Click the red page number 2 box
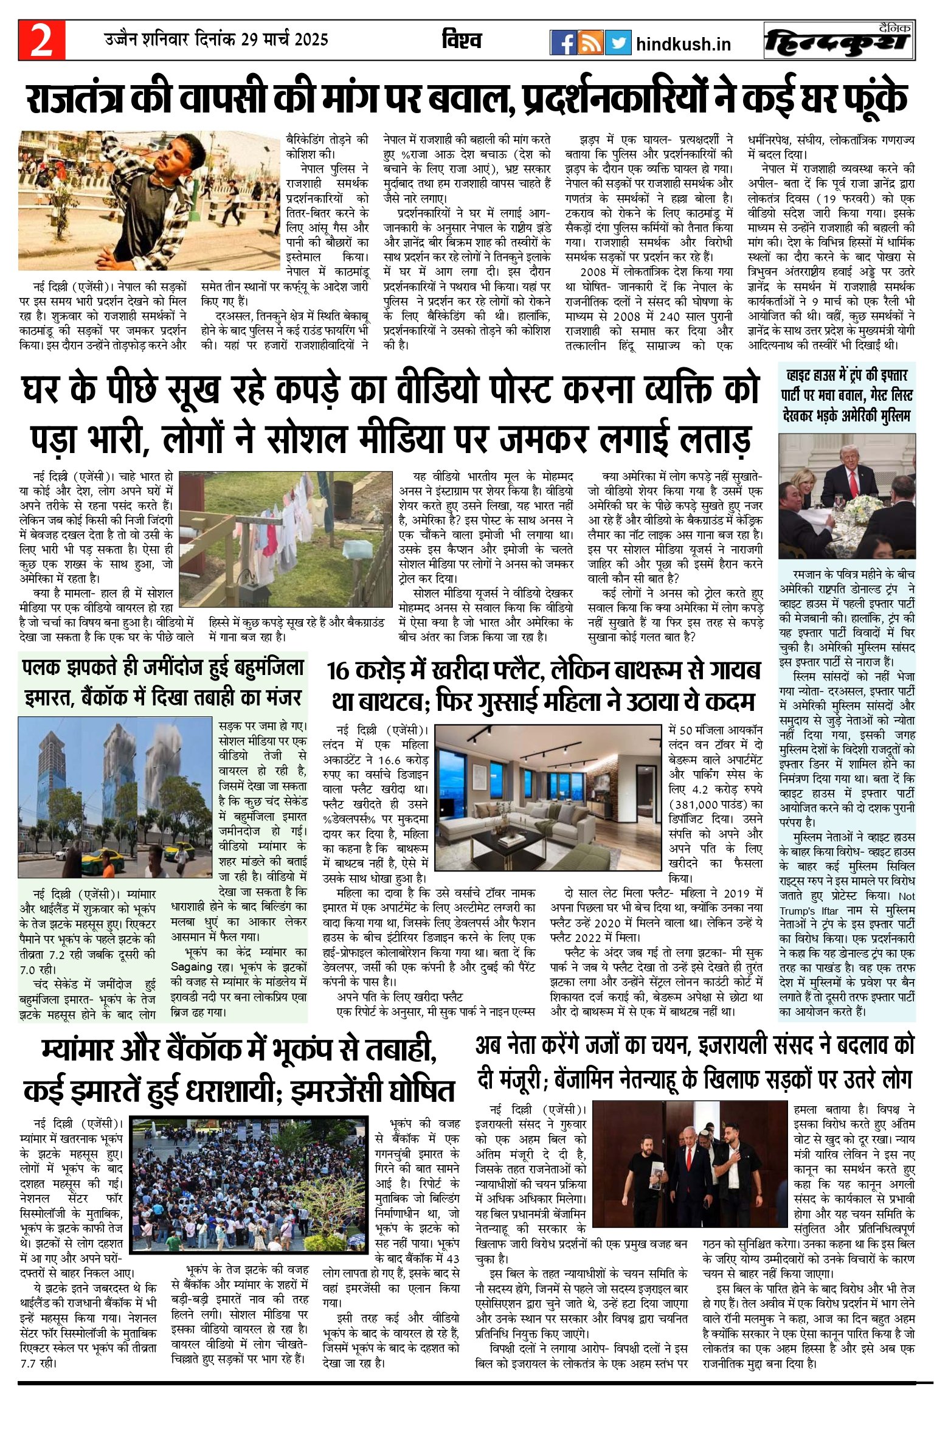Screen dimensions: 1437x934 (x=41, y=41)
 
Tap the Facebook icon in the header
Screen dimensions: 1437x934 (x=564, y=43)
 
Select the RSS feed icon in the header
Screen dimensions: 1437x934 (x=590, y=43)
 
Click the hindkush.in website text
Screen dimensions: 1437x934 (x=683, y=44)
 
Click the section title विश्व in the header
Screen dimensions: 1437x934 (x=462, y=41)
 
